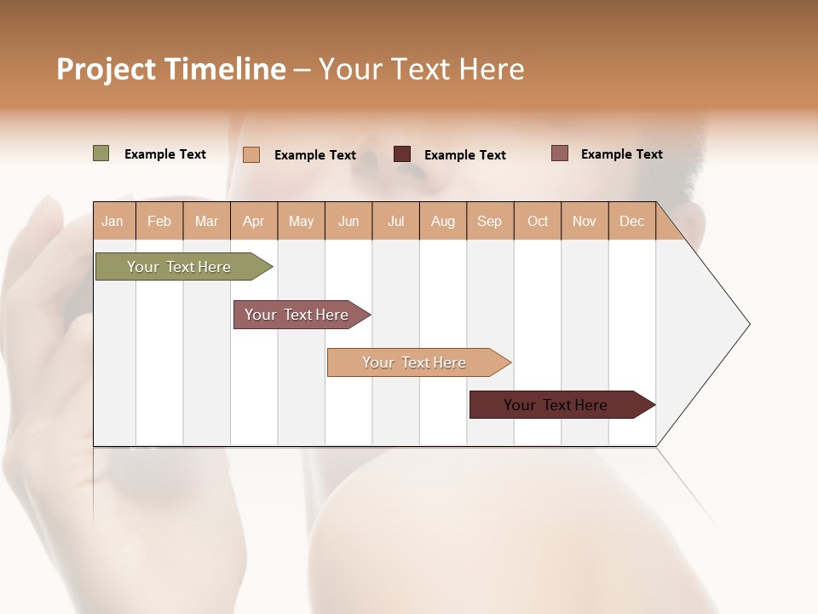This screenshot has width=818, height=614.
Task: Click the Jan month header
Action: click(x=112, y=221)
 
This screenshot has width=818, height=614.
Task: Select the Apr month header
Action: click(x=253, y=221)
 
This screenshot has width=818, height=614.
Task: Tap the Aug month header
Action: click(x=442, y=221)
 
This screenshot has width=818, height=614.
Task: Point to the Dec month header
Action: click(x=631, y=221)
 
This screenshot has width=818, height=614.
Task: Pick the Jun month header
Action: click(x=348, y=221)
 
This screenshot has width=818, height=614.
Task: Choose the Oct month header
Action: click(x=537, y=221)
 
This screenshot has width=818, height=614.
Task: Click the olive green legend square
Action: click(x=101, y=153)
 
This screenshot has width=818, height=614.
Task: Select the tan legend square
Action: click(x=251, y=154)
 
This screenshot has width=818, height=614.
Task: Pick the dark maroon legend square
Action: click(x=401, y=154)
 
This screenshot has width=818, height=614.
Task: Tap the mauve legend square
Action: click(x=559, y=153)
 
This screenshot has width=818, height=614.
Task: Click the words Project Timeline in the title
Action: click(x=170, y=69)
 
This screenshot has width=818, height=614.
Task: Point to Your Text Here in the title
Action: click(x=421, y=69)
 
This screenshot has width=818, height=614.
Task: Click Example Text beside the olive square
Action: click(x=164, y=154)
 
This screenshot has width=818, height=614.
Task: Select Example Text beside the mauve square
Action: click(x=621, y=154)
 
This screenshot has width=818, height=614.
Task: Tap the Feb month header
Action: click(x=159, y=221)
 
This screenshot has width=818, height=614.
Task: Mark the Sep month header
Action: click(x=489, y=221)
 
